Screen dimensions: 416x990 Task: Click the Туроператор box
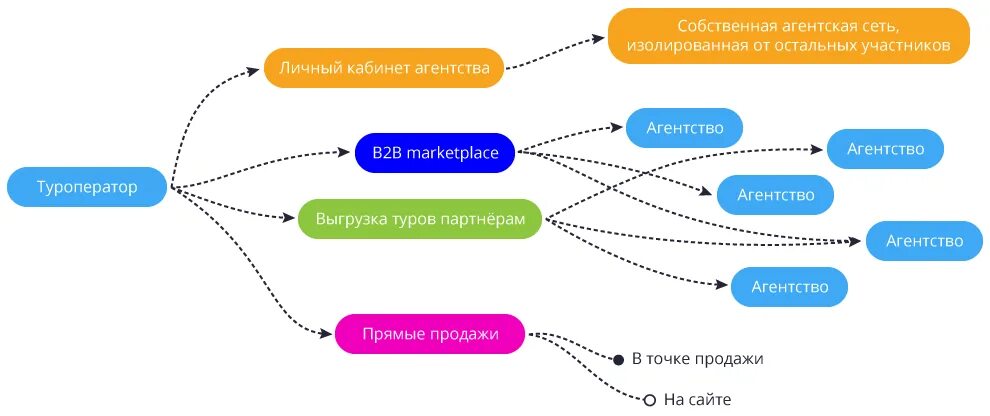click(87, 187)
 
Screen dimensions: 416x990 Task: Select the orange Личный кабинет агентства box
click(384, 68)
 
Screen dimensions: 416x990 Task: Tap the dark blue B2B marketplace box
click(434, 153)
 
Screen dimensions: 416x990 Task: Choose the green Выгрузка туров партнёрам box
click(420, 218)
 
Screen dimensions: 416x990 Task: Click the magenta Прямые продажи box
click(430, 333)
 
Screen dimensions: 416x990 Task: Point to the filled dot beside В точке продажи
click(618, 358)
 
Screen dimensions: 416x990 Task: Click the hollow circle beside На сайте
click(649, 400)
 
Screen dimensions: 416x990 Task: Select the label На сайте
click(698, 400)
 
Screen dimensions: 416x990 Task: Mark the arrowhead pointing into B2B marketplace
click(348, 153)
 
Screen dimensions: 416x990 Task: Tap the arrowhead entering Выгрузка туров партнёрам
click(291, 218)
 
